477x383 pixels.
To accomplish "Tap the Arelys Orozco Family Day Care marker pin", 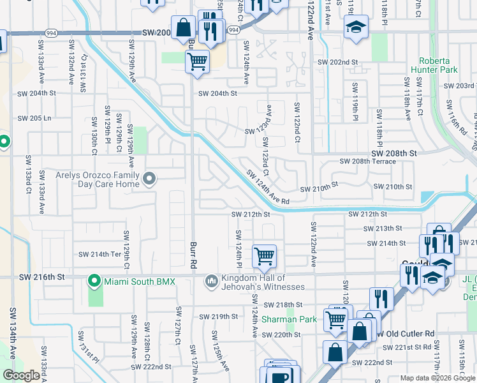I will point(149,178).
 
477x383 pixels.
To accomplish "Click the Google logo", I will point(21,375).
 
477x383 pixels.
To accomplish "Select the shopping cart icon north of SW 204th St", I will point(198,62).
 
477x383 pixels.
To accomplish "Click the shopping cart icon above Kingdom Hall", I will point(264,257).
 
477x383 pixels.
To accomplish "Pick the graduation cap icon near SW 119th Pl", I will point(356,27).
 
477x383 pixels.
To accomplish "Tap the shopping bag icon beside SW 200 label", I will point(184,28).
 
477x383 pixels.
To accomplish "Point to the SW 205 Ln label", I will point(34,118).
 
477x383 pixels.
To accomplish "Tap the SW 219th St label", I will point(218,317).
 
